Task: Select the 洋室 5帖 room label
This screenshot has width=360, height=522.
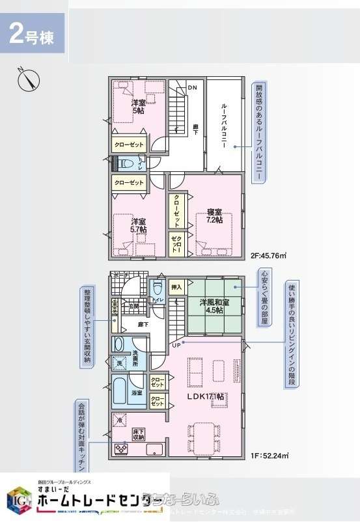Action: click(138, 107)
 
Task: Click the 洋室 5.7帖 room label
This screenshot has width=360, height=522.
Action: click(138, 225)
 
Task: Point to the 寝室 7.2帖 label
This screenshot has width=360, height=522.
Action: click(215, 216)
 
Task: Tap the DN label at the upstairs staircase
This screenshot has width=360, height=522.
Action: click(192, 87)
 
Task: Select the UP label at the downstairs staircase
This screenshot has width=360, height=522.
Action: click(176, 344)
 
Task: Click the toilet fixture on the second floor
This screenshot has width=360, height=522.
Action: click(126, 163)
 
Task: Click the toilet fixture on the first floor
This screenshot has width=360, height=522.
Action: click(158, 287)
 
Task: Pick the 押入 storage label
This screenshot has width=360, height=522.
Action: click(176, 286)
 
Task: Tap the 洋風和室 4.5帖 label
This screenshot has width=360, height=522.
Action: click(214, 305)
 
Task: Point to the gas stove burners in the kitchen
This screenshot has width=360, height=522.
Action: click(122, 448)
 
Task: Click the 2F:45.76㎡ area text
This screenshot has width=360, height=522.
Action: click(269, 256)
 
